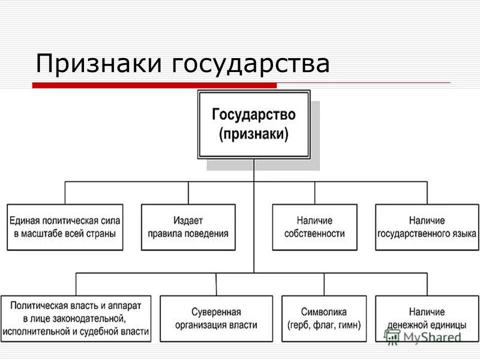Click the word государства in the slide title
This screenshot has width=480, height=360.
click(251, 65)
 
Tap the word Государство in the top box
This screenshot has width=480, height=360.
click(253, 115)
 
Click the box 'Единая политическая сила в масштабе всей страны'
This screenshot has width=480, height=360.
click(65, 227)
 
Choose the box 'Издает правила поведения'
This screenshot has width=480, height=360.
click(188, 227)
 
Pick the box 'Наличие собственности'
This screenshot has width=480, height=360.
click(314, 227)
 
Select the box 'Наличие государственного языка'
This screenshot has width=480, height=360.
click(427, 227)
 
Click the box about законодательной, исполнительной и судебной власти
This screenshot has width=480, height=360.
click(76, 318)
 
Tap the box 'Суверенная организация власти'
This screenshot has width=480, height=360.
click(216, 318)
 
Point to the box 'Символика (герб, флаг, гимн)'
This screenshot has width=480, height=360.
click(324, 318)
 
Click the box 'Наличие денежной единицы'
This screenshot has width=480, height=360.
click(427, 318)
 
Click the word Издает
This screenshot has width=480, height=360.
click(188, 220)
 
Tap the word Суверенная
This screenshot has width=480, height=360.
click(216, 312)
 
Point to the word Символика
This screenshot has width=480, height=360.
click(324, 312)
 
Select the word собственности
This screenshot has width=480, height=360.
click(314, 233)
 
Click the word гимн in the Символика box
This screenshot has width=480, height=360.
click(349, 324)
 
